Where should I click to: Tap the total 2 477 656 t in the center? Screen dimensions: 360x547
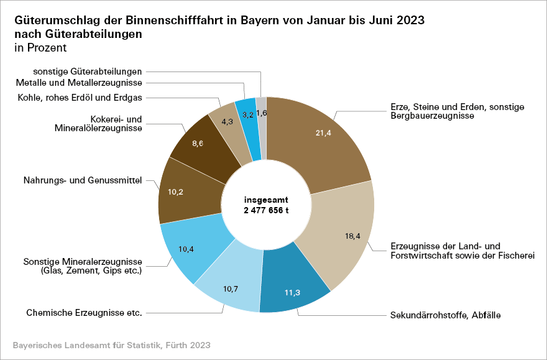pyautogui.click(x=267, y=211)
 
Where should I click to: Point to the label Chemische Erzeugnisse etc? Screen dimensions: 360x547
pyautogui.click(x=84, y=312)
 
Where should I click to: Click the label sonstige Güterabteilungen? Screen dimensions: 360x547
pyautogui.click(x=88, y=71)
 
